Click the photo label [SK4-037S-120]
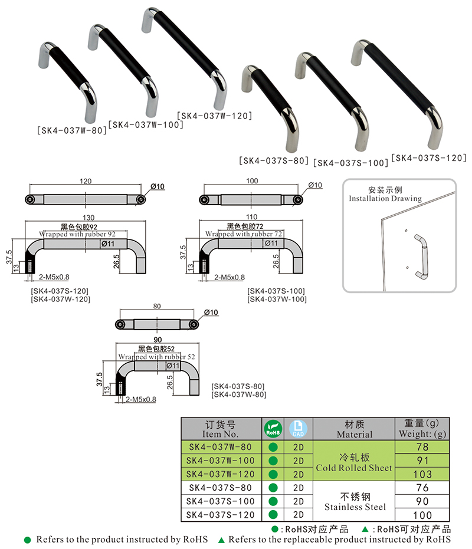pos(429,158)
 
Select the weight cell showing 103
pos(422,475)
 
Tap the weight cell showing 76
pos(422,488)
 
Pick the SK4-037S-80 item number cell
pos(221,488)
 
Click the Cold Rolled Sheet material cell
pos(354,461)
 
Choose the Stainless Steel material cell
pos(354,501)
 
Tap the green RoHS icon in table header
pos(273,428)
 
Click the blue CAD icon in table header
pos(298,428)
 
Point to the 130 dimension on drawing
pos(86,216)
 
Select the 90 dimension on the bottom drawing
pos(158,340)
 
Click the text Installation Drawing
pos(385,199)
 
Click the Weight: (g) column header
pos(422,429)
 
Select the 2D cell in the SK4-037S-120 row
pos(298,515)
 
